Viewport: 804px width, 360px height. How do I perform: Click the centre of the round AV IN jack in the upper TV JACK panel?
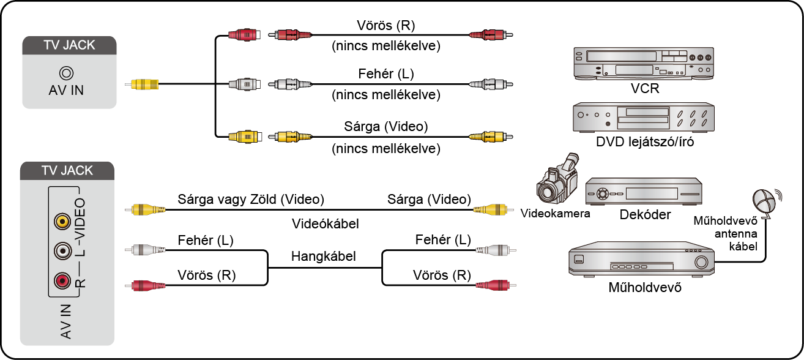click(x=67, y=73)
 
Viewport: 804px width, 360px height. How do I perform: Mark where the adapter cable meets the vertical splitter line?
click(x=215, y=84)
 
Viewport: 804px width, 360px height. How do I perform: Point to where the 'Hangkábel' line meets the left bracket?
click(x=268, y=268)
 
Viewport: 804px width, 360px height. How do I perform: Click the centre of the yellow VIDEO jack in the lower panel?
click(x=62, y=221)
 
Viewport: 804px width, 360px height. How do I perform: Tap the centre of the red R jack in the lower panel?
click(x=62, y=280)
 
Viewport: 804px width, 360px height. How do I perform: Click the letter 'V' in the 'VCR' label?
click(x=635, y=88)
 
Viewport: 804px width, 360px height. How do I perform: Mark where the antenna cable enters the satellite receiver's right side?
click(x=714, y=261)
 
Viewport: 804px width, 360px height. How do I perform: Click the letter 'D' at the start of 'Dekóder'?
click(x=624, y=214)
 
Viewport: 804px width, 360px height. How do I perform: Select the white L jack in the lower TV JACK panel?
click(x=62, y=250)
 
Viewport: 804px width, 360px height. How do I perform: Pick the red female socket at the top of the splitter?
click(x=244, y=35)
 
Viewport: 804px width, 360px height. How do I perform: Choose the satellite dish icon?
click(x=767, y=202)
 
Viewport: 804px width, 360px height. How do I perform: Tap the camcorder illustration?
click(x=557, y=178)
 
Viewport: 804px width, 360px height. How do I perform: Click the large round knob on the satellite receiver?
click(x=701, y=262)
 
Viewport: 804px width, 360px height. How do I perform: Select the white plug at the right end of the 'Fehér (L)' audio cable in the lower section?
click(x=496, y=250)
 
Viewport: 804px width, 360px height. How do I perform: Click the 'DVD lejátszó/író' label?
click(x=645, y=142)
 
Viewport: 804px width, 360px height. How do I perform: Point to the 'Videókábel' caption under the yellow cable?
click(x=325, y=224)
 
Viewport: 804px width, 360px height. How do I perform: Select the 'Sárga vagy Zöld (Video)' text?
click(x=251, y=200)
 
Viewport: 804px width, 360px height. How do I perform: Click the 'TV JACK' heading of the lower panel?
click(x=67, y=170)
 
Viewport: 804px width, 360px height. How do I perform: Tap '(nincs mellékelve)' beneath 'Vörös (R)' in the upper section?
click(x=386, y=46)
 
